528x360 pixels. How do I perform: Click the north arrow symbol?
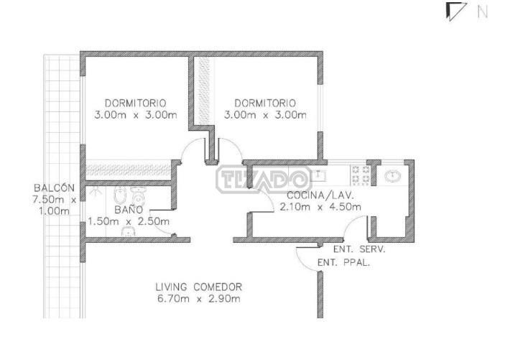[455, 11]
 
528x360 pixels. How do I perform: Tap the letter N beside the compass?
[483, 12]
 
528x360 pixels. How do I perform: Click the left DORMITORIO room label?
[135, 103]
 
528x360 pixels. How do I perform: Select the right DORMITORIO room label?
[265, 103]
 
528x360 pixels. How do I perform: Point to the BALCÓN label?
[54, 188]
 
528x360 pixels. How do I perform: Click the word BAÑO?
[129, 210]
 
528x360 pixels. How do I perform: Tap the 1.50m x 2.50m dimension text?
[129, 221]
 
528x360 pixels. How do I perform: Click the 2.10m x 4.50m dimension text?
[320, 207]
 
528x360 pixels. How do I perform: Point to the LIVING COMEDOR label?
[199, 287]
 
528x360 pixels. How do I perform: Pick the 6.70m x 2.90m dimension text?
[199, 299]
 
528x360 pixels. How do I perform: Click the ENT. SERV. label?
[359, 249]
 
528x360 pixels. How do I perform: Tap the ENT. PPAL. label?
[344, 263]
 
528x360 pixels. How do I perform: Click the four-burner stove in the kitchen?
[361, 175]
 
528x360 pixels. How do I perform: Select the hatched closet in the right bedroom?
[203, 91]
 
